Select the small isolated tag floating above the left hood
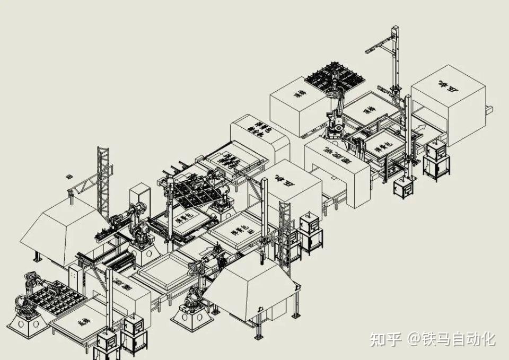click(67, 175)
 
